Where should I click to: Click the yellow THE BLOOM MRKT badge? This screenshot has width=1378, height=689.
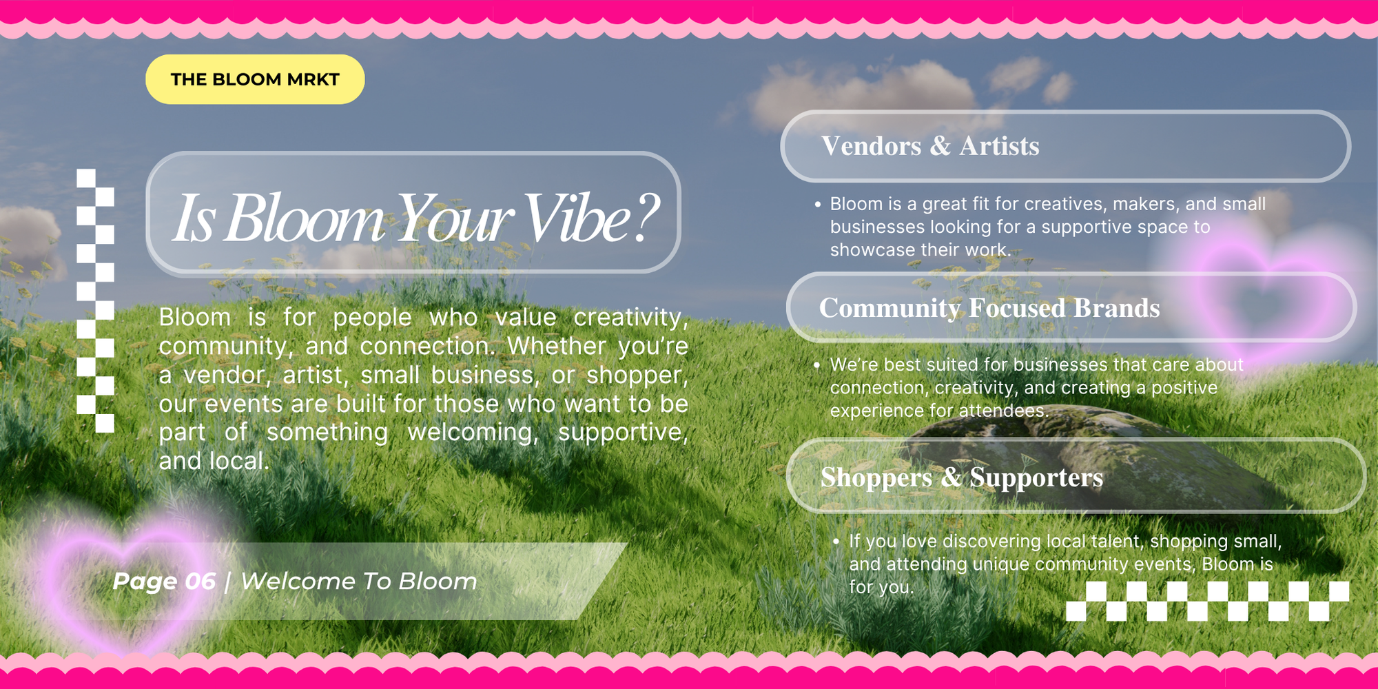255,79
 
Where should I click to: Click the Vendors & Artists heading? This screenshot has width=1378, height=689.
930,146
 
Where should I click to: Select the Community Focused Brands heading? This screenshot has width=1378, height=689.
989,308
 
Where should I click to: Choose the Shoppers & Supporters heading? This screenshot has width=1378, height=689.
962,477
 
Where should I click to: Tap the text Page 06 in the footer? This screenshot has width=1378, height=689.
165,581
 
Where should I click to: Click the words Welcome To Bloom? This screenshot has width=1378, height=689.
359,581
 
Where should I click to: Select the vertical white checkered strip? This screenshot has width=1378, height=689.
95,300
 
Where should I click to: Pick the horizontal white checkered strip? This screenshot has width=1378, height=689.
1207,601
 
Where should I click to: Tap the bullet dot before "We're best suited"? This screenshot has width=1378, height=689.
817,364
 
